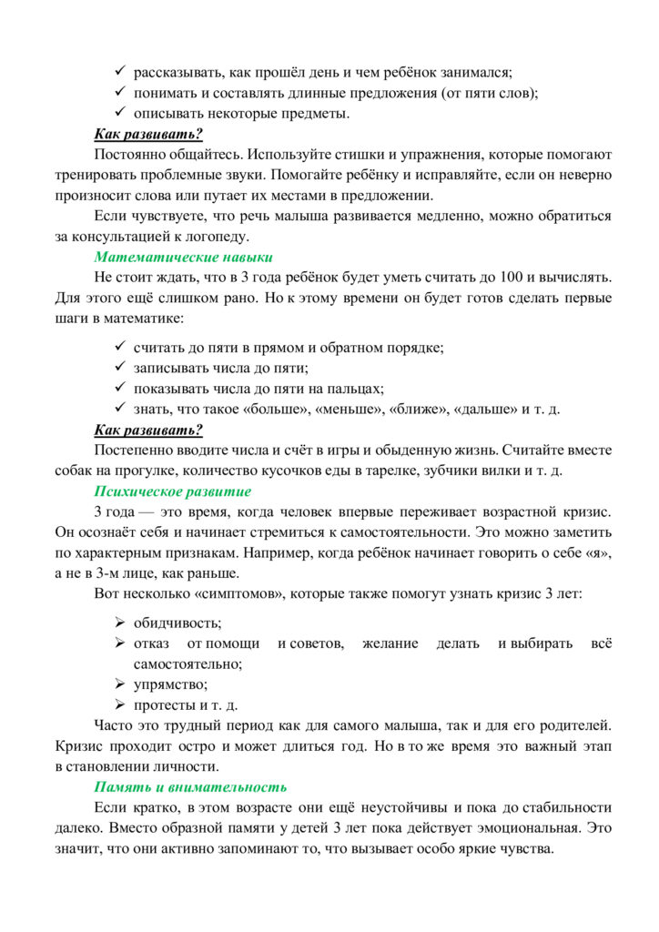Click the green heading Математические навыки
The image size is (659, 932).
pyautogui.click(x=184, y=257)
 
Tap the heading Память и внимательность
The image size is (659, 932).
pyautogui.click(x=191, y=786)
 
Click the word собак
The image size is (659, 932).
pyautogui.click(x=75, y=471)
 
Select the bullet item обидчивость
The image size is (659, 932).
pyautogui.click(x=177, y=623)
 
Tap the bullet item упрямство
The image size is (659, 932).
pyautogui.click(x=170, y=684)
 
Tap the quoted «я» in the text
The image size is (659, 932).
pyautogui.click(x=598, y=553)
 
